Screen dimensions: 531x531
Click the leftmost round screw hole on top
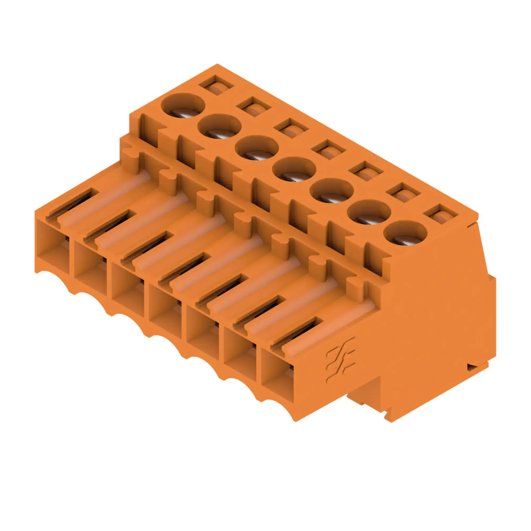(183, 106)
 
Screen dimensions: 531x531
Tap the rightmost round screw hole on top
(405, 233)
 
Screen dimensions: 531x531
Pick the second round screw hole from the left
(219, 126)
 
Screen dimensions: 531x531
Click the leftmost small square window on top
(216, 86)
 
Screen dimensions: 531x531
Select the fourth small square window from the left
(329, 149)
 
